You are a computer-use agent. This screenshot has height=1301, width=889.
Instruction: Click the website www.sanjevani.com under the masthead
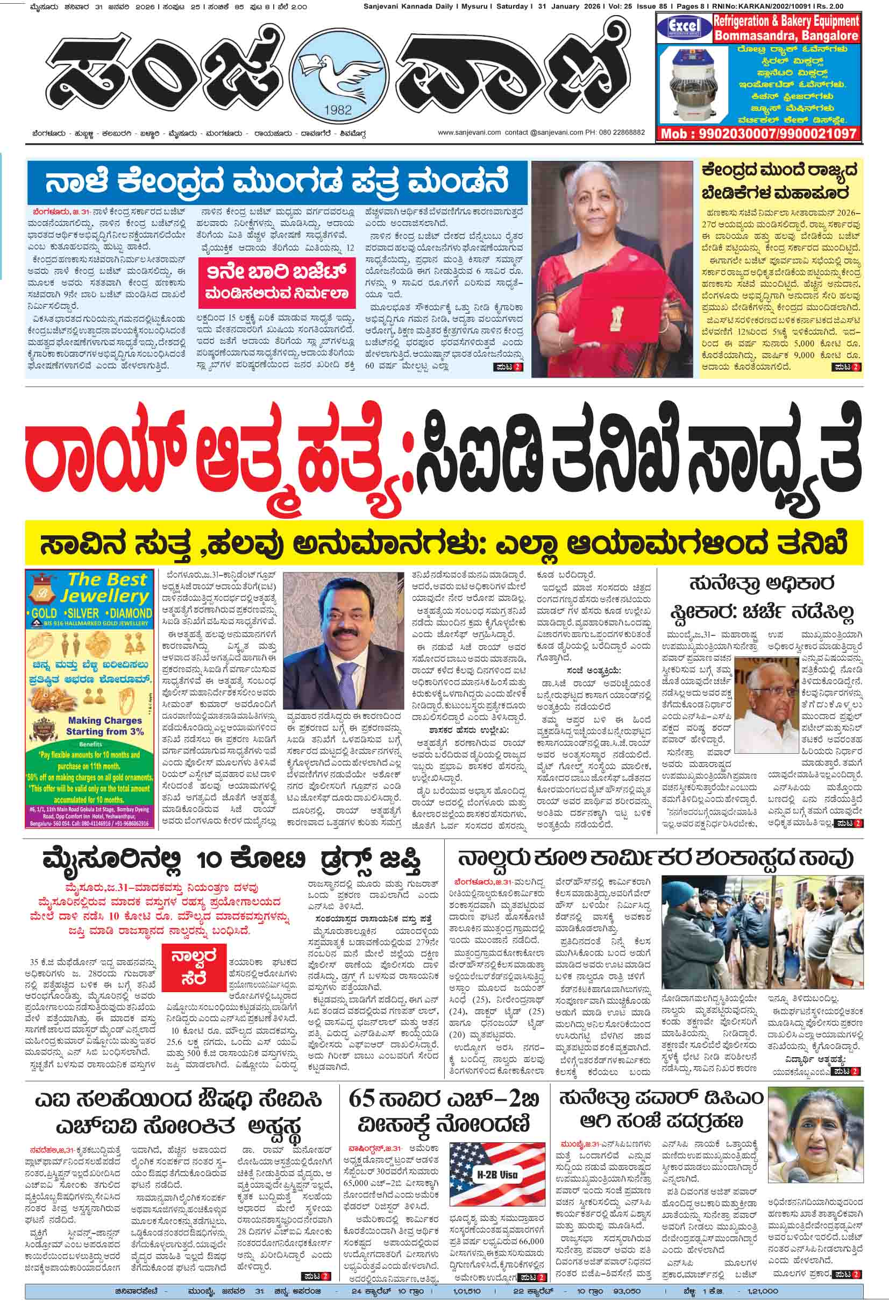[x=469, y=133]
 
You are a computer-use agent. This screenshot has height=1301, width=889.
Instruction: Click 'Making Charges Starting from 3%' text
[x=105, y=726]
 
